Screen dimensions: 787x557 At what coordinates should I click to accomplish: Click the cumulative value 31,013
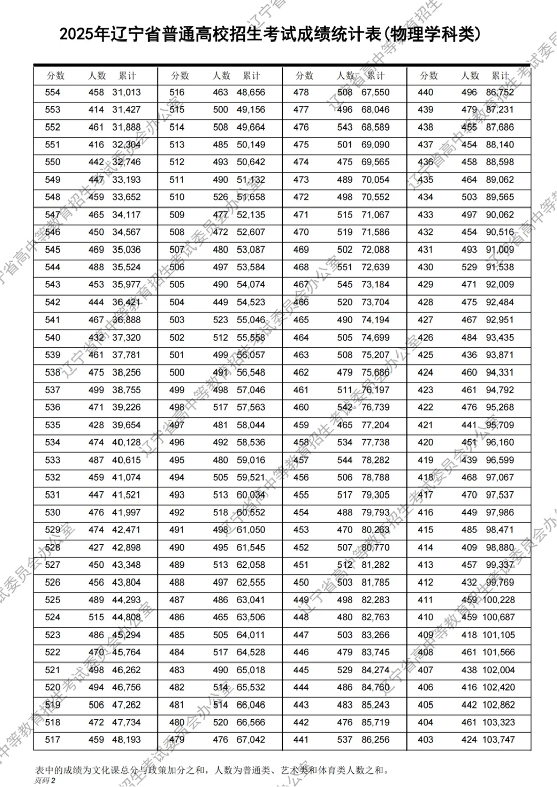(x=127, y=92)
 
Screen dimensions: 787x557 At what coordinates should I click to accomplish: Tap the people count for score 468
(x=345, y=267)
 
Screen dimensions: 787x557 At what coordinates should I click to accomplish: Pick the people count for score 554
(x=96, y=92)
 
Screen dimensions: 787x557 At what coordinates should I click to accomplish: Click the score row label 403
(x=425, y=740)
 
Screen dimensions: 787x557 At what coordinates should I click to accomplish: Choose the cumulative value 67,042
(x=251, y=740)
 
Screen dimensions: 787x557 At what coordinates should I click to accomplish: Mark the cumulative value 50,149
(x=251, y=145)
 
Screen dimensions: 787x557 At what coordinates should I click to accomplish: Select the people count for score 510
(x=221, y=197)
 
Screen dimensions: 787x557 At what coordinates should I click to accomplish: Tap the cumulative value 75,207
(x=375, y=355)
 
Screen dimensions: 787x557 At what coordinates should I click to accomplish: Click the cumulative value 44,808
(x=127, y=617)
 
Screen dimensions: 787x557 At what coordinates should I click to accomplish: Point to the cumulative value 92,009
(x=500, y=285)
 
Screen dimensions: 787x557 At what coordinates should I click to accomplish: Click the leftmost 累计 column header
(x=127, y=76)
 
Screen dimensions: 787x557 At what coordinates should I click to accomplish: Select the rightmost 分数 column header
(x=429, y=76)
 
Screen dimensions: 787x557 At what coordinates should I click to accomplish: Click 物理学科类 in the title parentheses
(x=429, y=34)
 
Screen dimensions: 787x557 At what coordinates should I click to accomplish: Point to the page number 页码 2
(x=45, y=780)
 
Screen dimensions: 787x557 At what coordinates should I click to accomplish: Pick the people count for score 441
(x=345, y=740)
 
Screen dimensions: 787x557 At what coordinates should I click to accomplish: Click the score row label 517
(x=53, y=740)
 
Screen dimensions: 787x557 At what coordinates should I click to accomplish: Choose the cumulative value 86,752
(x=500, y=92)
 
